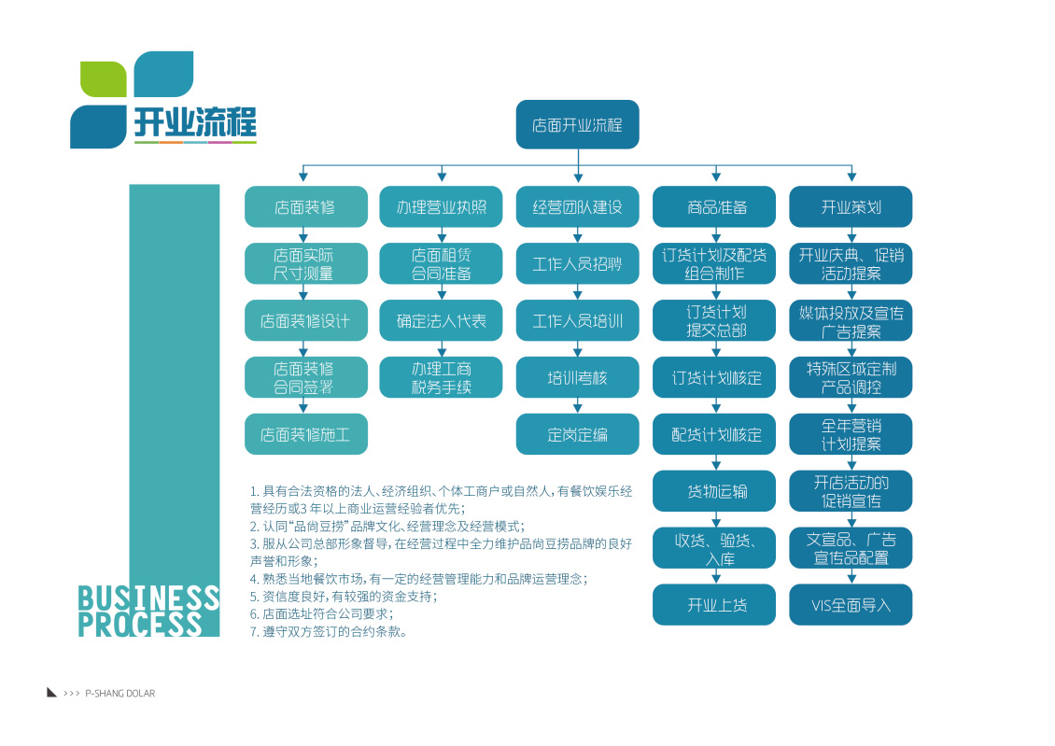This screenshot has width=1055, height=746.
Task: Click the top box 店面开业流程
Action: click(x=577, y=124)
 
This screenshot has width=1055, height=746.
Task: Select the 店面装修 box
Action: click(x=305, y=207)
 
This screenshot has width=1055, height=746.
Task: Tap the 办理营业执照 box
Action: click(x=441, y=207)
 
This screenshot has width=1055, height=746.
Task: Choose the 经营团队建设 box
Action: click(x=577, y=207)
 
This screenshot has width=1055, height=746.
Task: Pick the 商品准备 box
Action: click(x=714, y=207)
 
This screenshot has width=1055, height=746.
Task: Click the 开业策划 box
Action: click(x=851, y=207)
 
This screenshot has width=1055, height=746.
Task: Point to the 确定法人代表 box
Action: click(x=441, y=321)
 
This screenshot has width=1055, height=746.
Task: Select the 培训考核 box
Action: click(x=577, y=378)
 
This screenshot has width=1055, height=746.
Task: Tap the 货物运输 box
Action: click(x=714, y=491)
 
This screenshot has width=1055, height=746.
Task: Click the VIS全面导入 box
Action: click(x=851, y=605)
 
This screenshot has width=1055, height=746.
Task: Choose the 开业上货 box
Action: click(x=714, y=605)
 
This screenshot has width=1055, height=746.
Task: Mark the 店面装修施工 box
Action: click(x=305, y=434)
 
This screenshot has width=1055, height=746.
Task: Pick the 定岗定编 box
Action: click(x=577, y=434)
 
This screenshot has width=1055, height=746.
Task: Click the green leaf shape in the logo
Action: click(x=103, y=78)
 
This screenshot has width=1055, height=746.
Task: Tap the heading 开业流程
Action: click(x=194, y=122)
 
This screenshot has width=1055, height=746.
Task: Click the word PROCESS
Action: click(x=140, y=624)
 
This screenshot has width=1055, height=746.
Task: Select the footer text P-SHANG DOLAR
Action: click(x=120, y=694)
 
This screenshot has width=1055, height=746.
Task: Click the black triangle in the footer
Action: click(x=52, y=692)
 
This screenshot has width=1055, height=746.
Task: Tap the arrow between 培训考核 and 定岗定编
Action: click(x=578, y=406)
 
